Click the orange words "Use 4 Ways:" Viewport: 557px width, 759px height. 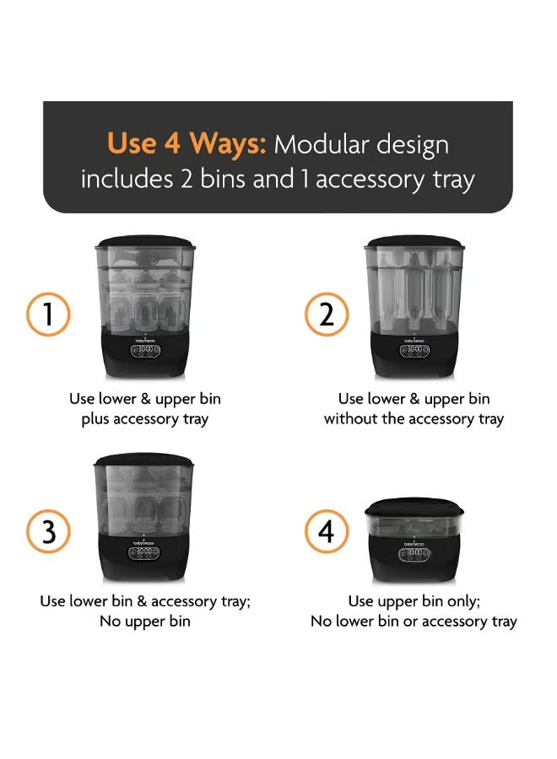coord(187,143)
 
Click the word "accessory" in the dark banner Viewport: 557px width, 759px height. coord(370,180)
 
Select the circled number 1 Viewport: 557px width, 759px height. coord(48,315)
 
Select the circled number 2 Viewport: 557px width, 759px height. coord(327,315)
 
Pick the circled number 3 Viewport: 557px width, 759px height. coord(48,531)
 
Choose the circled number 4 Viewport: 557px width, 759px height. coord(327,531)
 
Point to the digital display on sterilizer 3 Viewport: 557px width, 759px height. coord(143,553)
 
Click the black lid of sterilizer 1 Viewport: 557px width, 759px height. coord(145,241)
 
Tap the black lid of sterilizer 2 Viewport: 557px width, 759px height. coord(414,241)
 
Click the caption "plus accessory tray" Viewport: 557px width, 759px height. coord(145,419)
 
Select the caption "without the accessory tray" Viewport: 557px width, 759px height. coord(414,419)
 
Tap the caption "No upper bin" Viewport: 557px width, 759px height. coord(145,622)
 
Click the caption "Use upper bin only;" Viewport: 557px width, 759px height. coord(414,601)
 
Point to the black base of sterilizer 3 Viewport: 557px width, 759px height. coord(143,557)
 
